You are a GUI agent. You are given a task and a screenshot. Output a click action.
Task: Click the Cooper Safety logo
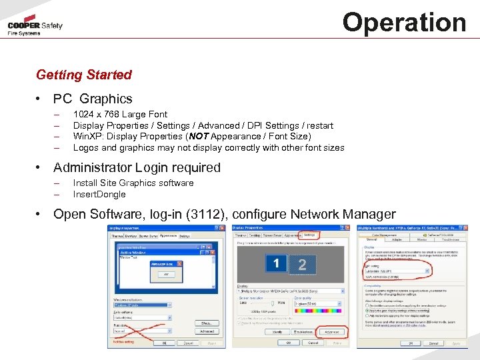tap(35, 27)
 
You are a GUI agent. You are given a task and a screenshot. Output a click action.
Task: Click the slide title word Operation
tap(404, 22)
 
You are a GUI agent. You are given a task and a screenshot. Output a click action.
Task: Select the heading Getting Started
tap(84, 75)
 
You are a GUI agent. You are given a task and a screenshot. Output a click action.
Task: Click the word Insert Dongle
tap(99, 194)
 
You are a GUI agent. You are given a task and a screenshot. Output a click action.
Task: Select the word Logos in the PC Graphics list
tap(85, 148)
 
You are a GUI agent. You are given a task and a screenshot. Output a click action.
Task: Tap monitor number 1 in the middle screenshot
tap(276, 264)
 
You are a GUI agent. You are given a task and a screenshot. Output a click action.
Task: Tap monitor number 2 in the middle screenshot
tap(302, 265)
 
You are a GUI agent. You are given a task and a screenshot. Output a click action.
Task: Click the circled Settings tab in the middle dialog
tap(309, 235)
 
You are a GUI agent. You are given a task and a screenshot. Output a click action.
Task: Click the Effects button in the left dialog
tap(206, 323)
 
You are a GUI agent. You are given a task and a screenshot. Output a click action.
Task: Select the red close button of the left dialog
tap(220, 228)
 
